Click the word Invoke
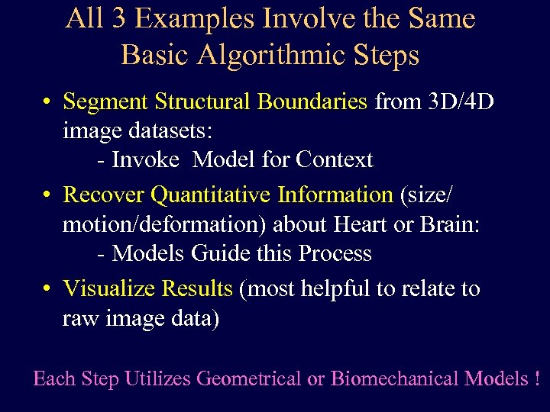[146, 160]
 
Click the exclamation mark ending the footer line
[538, 378]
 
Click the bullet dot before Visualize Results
[47, 289]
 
